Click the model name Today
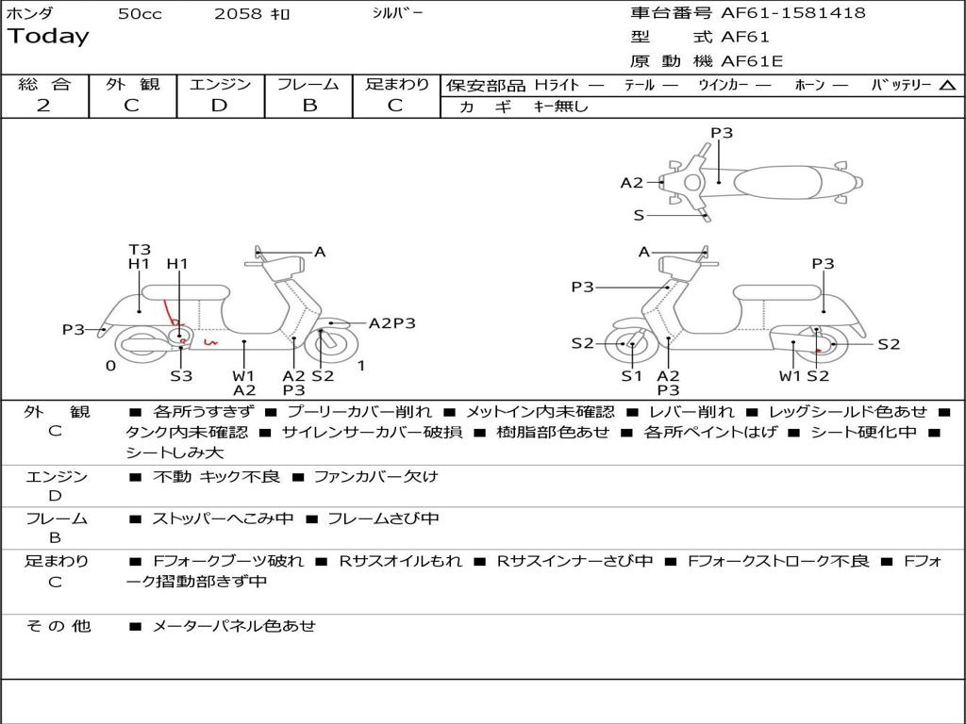tap(48, 37)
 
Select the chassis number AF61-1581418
tap(792, 13)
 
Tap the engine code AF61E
tap(751, 61)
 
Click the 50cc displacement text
tap(140, 14)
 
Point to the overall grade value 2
tap(43, 106)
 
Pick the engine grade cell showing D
tap(219, 106)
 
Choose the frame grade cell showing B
tap(308, 106)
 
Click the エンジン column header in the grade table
tap(220, 84)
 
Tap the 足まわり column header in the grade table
tap(397, 84)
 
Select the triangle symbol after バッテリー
tap(947, 85)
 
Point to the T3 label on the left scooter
tap(139, 250)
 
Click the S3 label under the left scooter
tap(181, 376)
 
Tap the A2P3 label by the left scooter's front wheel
tap(391, 323)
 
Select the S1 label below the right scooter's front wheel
tap(631, 376)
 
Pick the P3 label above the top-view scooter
tap(721, 133)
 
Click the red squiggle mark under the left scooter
tap(210, 341)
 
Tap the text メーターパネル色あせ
tap(234, 625)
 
